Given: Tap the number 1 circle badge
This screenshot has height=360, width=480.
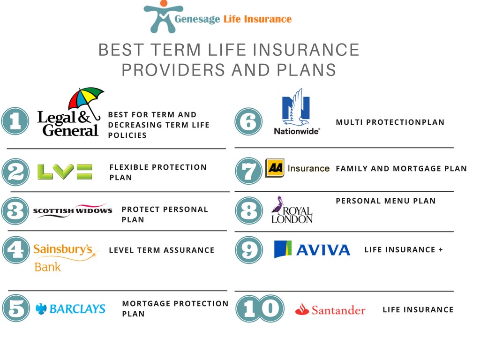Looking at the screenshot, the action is point(15,121).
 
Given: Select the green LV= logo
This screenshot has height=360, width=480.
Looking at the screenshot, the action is point(65,172).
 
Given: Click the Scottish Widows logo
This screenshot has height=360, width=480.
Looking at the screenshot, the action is point(73,210).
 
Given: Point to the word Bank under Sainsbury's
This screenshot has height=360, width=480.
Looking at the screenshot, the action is point(47,267).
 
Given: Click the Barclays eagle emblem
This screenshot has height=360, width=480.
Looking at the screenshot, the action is point(41,309).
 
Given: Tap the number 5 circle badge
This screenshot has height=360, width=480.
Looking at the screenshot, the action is point(16,308).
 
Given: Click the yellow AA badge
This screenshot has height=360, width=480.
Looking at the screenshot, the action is point(275,168).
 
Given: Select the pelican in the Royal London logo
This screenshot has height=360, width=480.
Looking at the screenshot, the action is point(277,205).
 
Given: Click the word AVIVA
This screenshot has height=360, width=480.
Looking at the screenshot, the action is point(323,250).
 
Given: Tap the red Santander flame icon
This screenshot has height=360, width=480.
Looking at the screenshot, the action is point(302,309).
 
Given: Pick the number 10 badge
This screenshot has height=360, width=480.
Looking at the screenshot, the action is point(260,308).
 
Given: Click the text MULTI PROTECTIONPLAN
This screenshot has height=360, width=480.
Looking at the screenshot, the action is point(390,122).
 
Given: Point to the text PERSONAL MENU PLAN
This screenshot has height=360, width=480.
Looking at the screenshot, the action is point(386,201).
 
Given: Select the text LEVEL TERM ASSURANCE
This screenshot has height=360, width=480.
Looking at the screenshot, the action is point(162,250).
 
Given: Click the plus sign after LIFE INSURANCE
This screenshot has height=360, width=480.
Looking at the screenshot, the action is point(441,250).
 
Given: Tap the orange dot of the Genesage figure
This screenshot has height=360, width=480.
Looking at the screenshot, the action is point(164,3).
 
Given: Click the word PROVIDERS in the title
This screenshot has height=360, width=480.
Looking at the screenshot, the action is point(173,70).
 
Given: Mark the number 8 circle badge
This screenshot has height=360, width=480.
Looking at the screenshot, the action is point(249,210).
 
